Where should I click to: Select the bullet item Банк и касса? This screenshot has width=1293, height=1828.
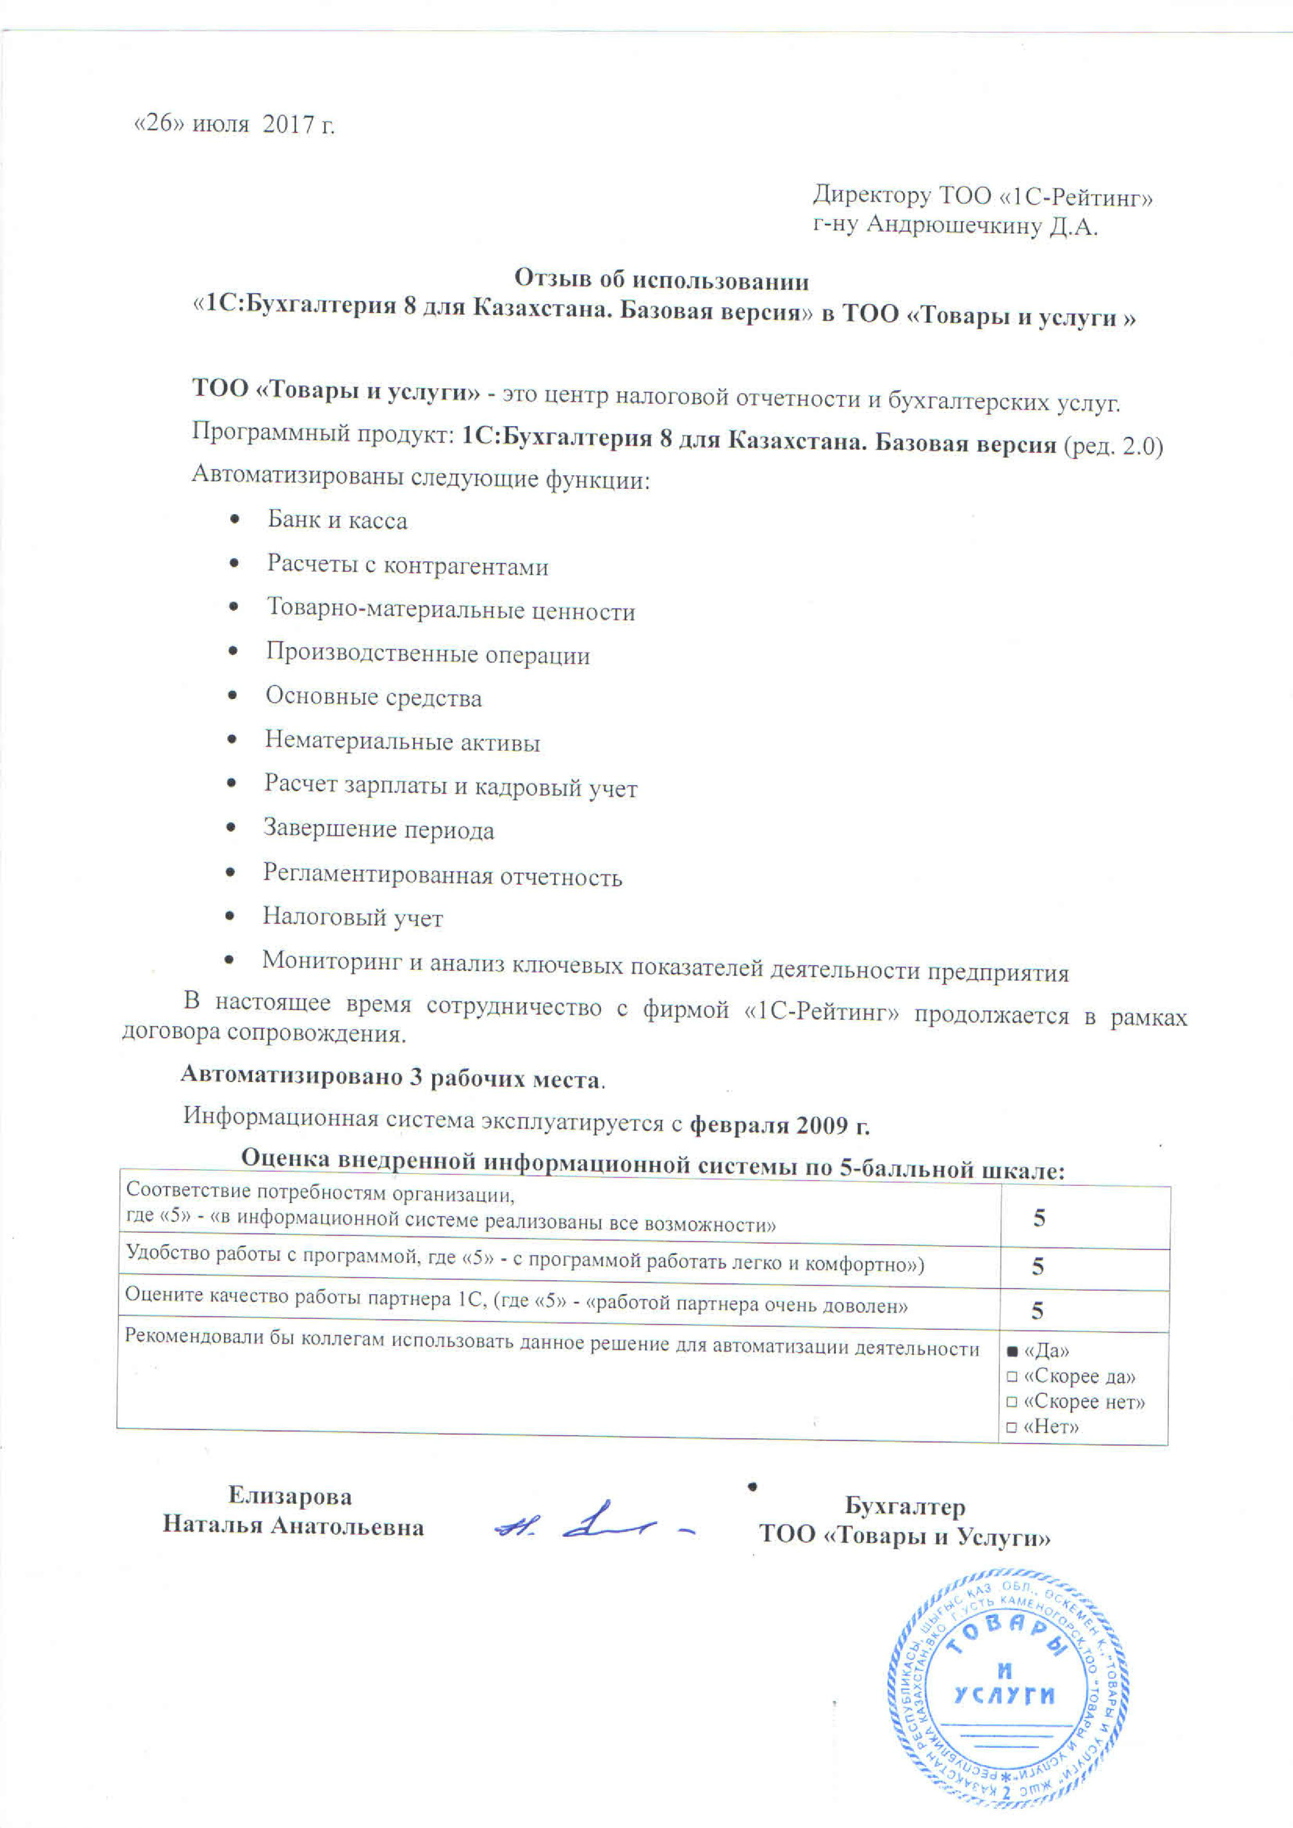point(337,521)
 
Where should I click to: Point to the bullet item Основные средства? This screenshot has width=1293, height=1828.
point(373,697)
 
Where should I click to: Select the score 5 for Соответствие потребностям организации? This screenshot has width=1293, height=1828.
point(1039,1218)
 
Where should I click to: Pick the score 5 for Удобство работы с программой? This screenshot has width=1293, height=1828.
point(1037,1267)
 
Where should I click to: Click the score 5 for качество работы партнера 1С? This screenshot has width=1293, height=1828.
point(1036,1310)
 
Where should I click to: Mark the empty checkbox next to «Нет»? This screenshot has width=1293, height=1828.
point(1011,1427)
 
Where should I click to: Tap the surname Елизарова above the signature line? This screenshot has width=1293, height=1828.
point(290,1496)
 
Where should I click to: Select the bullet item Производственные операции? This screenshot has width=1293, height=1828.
point(428,654)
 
